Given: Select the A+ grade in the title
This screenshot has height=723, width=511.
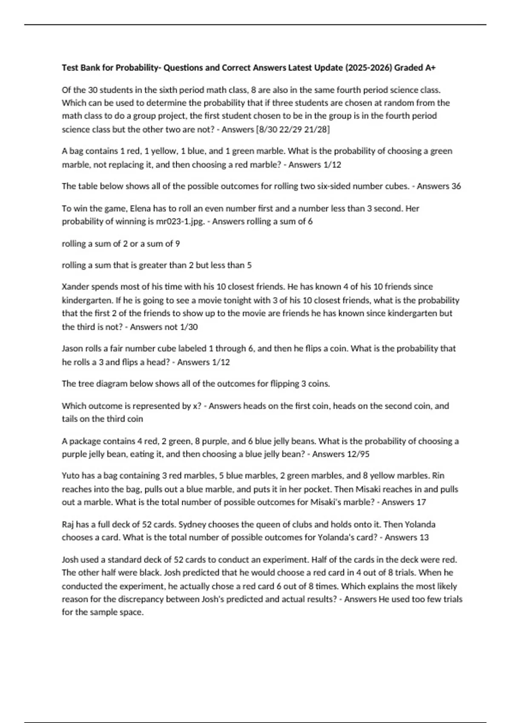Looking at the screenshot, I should (x=430, y=68).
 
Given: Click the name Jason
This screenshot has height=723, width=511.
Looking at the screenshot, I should (x=72, y=349).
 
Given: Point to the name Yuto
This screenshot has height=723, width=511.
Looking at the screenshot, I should (x=71, y=475).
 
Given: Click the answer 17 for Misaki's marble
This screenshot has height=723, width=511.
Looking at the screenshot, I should (x=421, y=502).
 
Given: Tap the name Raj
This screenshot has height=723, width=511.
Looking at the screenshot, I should (x=68, y=524).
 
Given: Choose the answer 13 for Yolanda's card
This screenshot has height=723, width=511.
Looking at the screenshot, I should (x=424, y=538).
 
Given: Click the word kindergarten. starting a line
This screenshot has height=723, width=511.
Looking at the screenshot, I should (x=87, y=300).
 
